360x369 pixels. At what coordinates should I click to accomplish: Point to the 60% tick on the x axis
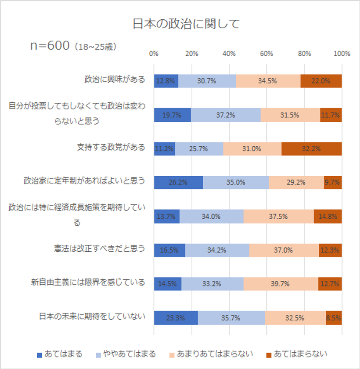click(266, 54)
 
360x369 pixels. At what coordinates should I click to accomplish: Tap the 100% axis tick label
click(342, 54)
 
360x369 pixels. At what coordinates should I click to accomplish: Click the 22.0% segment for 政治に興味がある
click(321, 81)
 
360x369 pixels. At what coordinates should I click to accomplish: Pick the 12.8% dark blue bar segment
click(166, 81)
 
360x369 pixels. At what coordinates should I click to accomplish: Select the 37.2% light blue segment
click(226, 115)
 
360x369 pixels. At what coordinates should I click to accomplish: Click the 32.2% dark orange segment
click(311, 148)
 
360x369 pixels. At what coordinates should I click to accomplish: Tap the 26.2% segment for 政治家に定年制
click(178, 182)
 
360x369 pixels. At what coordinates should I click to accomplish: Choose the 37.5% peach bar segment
click(278, 216)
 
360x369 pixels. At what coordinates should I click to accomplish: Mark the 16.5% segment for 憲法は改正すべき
click(169, 250)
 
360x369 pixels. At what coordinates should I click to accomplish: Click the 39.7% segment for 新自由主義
click(281, 284)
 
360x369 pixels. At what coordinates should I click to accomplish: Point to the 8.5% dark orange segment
click(334, 318)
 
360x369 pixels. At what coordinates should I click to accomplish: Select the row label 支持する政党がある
click(111, 147)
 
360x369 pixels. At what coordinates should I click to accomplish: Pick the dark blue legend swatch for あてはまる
click(39, 354)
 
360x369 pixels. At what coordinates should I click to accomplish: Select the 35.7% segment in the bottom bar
click(231, 318)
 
